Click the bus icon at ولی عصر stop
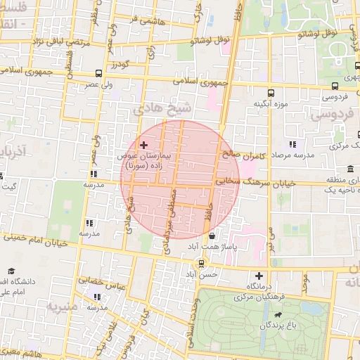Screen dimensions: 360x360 point(98,73)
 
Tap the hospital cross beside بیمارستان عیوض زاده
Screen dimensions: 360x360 point(144,145)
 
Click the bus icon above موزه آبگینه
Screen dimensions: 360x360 point(271,92)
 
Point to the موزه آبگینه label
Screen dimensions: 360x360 point(271,103)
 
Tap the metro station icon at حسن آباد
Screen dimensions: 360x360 point(202,264)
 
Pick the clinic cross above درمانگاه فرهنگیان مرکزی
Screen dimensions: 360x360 point(260,276)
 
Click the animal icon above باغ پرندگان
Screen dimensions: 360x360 point(282,314)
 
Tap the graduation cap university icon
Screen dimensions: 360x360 point(12,271)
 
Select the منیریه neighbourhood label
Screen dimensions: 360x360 point(59,307)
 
